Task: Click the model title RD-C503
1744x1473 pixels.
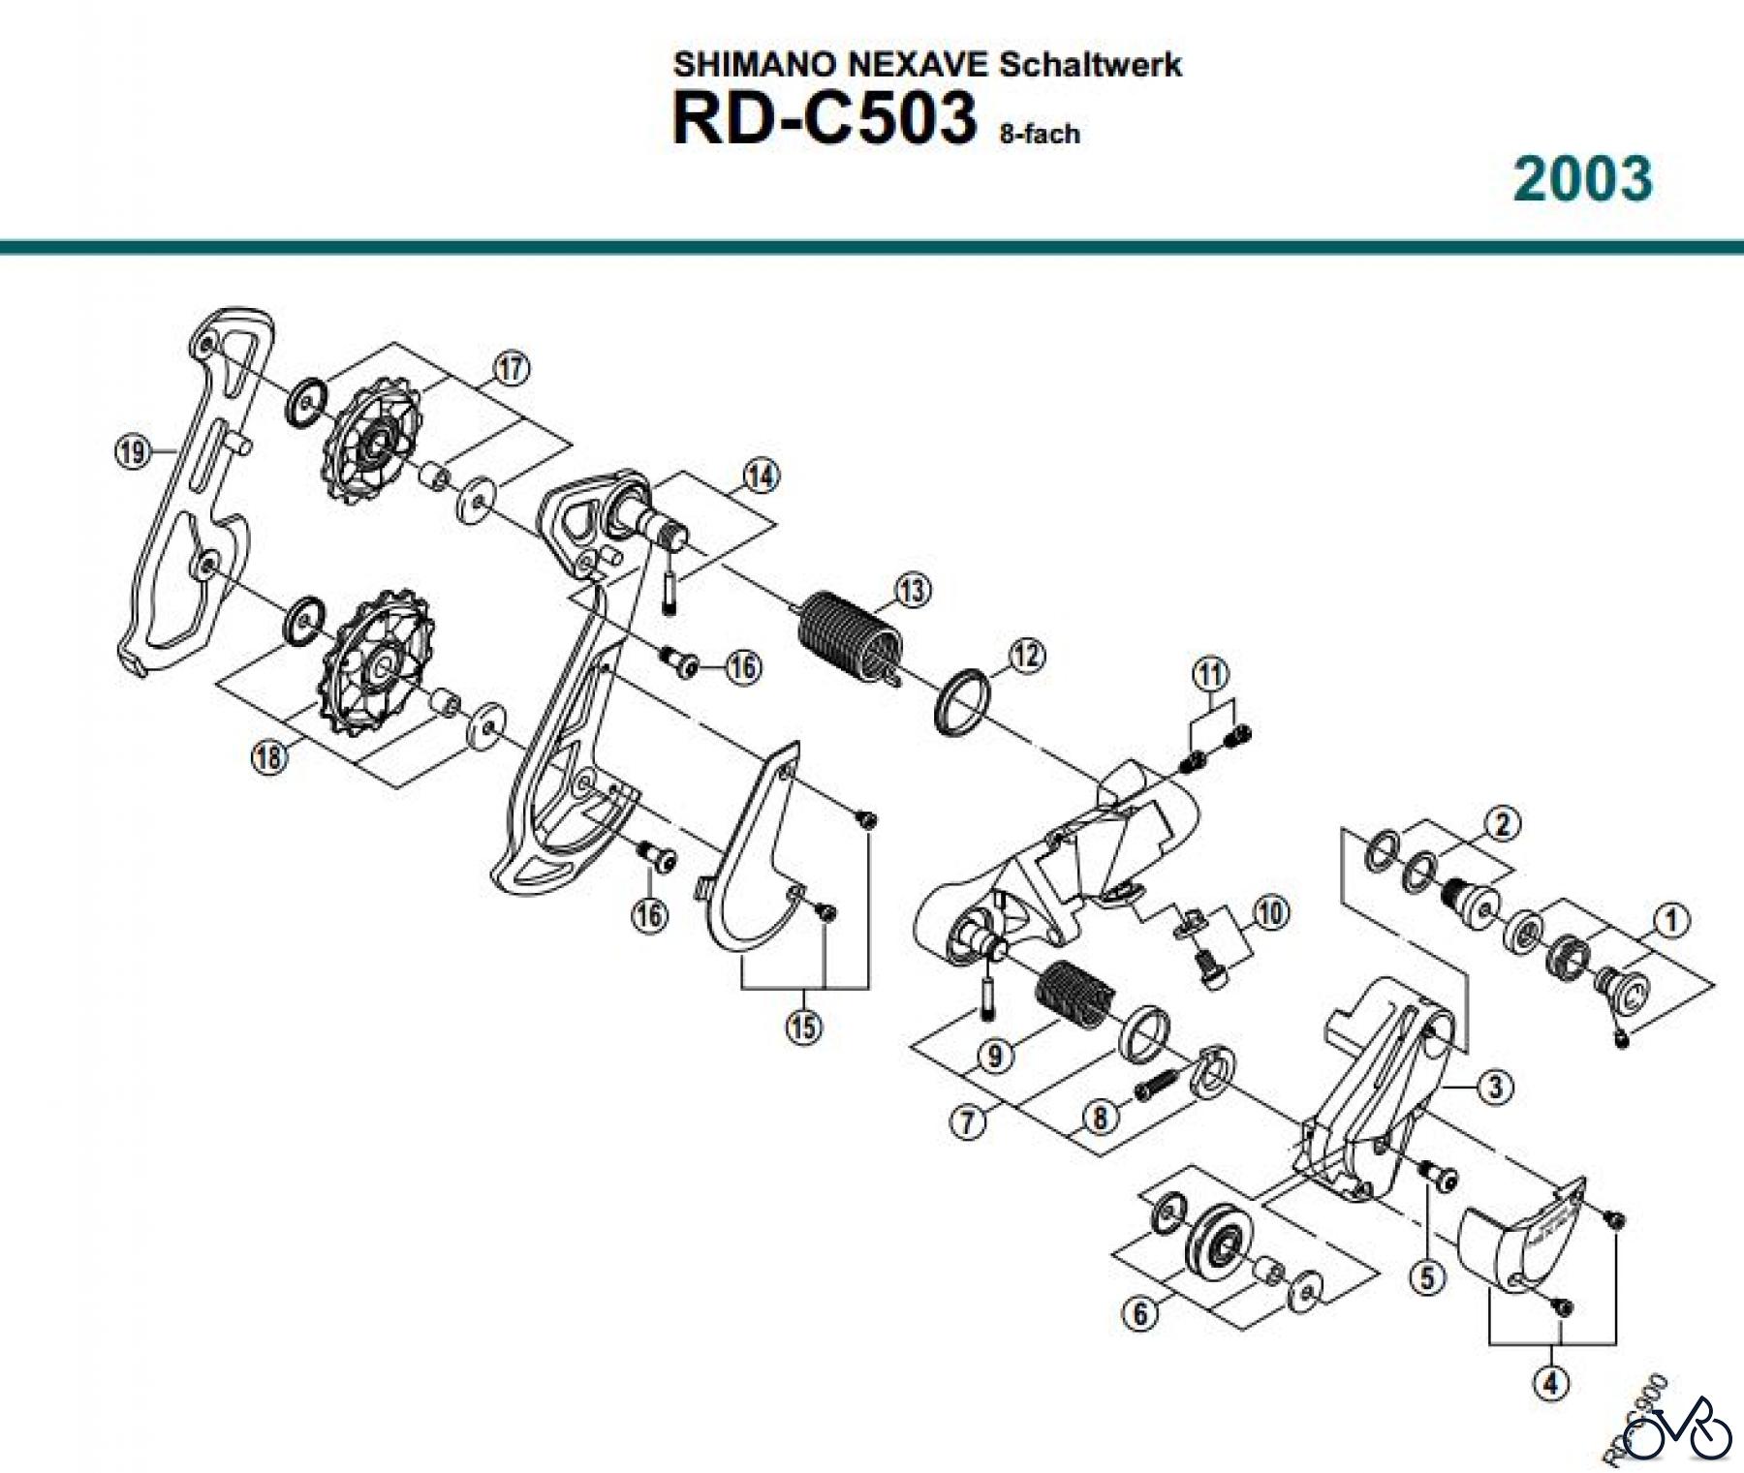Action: click(824, 119)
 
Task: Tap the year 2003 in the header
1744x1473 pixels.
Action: click(1582, 179)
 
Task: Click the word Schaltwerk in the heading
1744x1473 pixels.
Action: click(1090, 65)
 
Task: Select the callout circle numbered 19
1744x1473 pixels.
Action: click(132, 451)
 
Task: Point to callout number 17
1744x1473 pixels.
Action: click(512, 368)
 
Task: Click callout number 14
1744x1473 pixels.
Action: click(761, 476)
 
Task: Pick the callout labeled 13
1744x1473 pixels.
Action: click(913, 590)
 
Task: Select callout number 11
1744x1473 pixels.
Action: click(1210, 673)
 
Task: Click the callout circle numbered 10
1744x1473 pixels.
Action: click(1270, 912)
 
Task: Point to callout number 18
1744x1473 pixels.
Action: click(269, 755)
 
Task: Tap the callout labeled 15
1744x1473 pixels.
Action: click(803, 1027)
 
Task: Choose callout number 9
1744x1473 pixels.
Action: click(995, 1057)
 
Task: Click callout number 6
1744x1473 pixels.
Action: click(1139, 1314)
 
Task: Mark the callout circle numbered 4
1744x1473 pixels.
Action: click(1551, 1383)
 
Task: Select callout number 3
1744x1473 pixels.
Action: click(1495, 1087)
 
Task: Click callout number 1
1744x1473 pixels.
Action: click(1670, 920)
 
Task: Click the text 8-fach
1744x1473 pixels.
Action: click(1040, 134)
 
